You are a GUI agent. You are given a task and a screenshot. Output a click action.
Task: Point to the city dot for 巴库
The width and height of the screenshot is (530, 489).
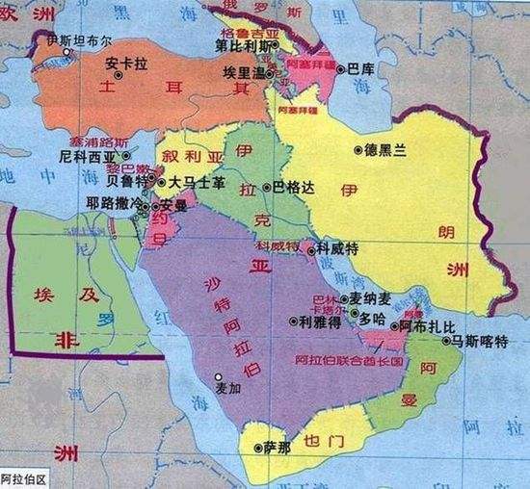[x=340, y=67]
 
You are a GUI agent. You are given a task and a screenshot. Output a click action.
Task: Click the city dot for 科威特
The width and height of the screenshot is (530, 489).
[x=310, y=248]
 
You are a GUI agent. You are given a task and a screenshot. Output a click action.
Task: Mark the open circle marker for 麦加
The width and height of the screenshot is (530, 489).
[x=219, y=376]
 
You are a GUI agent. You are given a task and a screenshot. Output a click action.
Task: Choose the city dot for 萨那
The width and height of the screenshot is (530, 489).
[x=256, y=448]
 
